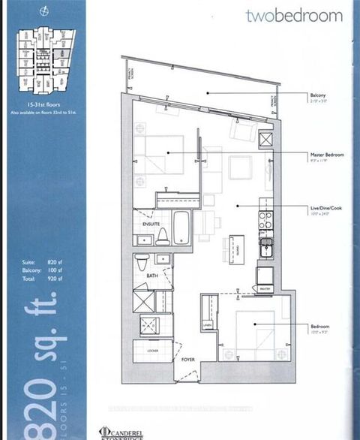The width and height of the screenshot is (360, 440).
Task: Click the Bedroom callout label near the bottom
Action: click(x=320, y=326)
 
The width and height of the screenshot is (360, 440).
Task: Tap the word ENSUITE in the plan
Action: click(x=150, y=223)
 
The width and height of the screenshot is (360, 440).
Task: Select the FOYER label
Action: click(x=187, y=359)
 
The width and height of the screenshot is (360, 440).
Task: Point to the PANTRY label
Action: click(x=265, y=288)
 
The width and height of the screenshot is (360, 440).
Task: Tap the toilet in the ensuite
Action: click(x=160, y=236)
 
